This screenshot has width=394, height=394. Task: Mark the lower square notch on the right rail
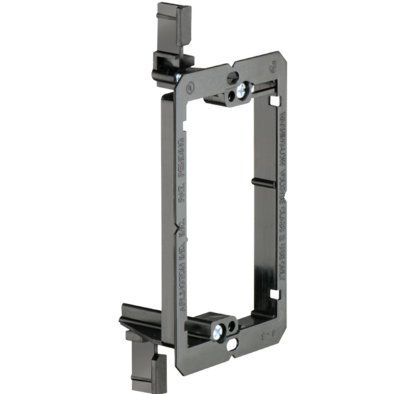click(276, 295)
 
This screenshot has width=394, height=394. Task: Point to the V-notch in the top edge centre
click(229, 66)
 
